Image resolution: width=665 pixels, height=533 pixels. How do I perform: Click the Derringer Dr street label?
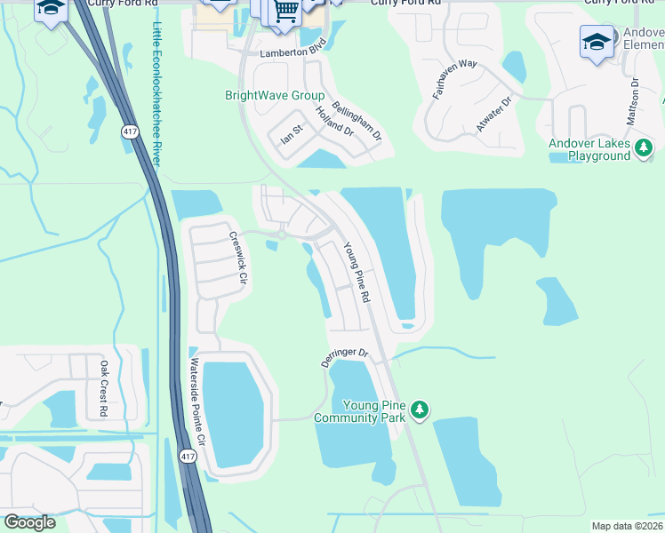coord(344,358)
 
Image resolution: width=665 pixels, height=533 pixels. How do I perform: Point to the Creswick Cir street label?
coord(236,259)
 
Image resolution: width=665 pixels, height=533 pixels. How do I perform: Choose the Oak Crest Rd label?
coord(103,388)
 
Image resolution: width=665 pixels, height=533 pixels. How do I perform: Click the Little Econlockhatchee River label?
coord(157,94)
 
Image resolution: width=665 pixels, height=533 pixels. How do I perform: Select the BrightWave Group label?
coord(274,96)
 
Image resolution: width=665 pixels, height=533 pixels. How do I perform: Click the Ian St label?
coord(292,134)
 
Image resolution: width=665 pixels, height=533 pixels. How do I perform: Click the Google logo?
coord(29,522)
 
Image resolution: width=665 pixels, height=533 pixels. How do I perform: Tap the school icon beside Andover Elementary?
coord(596,41)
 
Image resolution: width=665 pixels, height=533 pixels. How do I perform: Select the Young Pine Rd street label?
coord(356,273)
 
